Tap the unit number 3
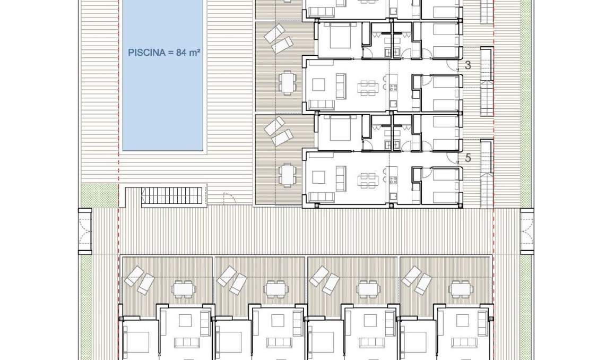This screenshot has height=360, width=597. coord(468,65)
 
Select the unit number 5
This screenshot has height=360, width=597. coord(468,158)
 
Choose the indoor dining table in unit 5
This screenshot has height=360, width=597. coord(367,178)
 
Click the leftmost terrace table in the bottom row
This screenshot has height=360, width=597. coord(184,289)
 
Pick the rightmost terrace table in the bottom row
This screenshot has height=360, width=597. coord(461,289)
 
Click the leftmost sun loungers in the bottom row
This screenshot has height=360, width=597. coord(139,280)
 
